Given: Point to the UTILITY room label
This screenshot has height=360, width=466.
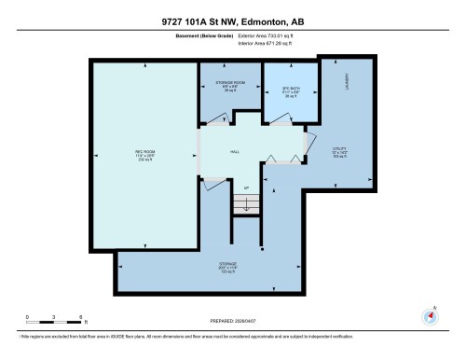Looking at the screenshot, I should point(339,150).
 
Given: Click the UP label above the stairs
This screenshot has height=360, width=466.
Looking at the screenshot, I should point(247,187).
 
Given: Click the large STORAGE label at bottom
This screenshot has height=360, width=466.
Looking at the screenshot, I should point(228,267).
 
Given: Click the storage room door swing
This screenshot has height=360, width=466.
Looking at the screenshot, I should point(215,118).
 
